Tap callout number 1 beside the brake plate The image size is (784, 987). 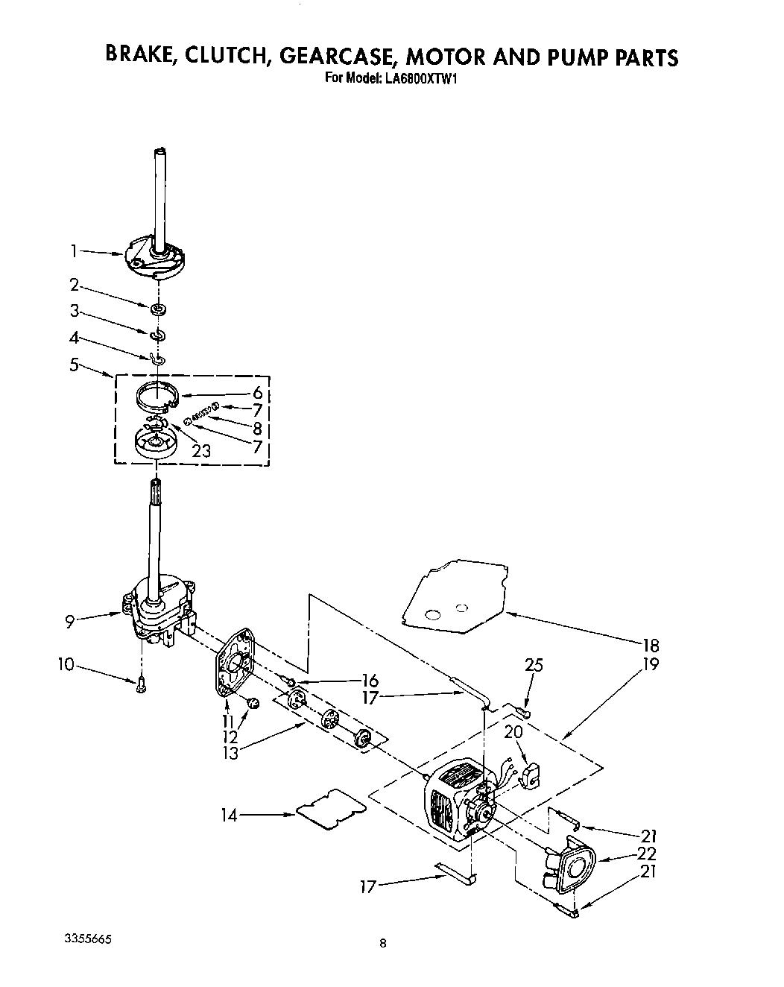pos(74,252)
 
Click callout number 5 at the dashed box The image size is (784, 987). pos(74,365)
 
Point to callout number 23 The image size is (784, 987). pos(200,451)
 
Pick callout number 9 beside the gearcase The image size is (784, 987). pos(69,621)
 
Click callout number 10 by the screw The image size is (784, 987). pos(66,664)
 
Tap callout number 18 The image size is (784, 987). pos(650,646)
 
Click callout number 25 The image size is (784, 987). pos(533,666)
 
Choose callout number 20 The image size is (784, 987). pos(513,733)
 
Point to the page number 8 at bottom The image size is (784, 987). pos(382,944)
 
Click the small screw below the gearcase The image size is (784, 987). pos(141,686)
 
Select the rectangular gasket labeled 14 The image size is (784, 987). pos(331,808)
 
